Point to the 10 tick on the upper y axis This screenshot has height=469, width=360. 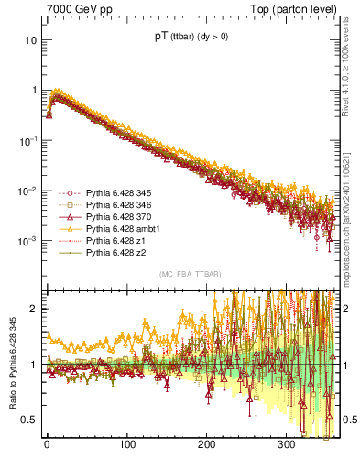[x=32, y=41]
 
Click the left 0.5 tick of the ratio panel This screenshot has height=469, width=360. [x=31, y=420]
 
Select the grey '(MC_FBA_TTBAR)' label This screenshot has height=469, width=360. [x=190, y=275]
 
